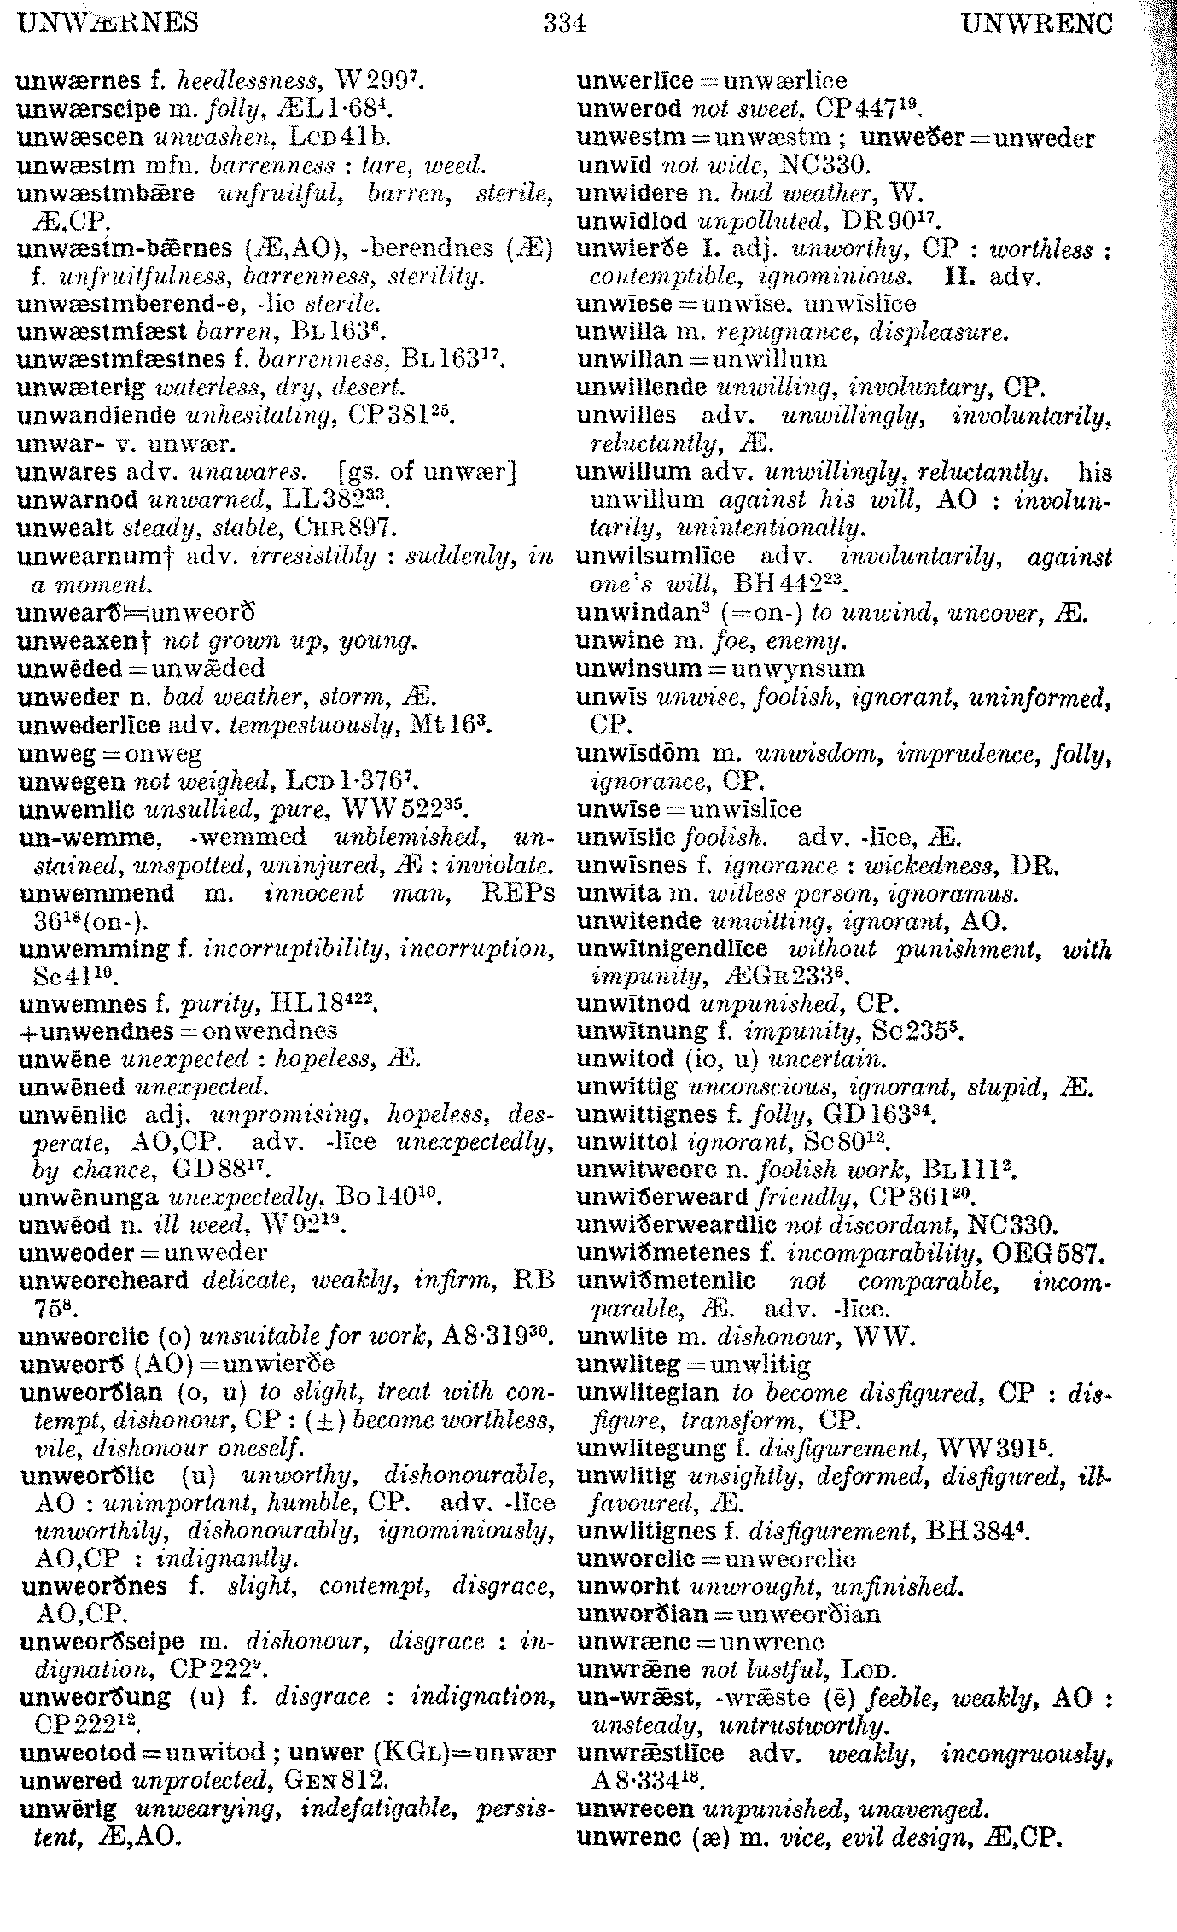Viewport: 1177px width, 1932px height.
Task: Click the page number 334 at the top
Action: [564, 23]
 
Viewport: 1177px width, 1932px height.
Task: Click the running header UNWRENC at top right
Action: [1036, 23]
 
